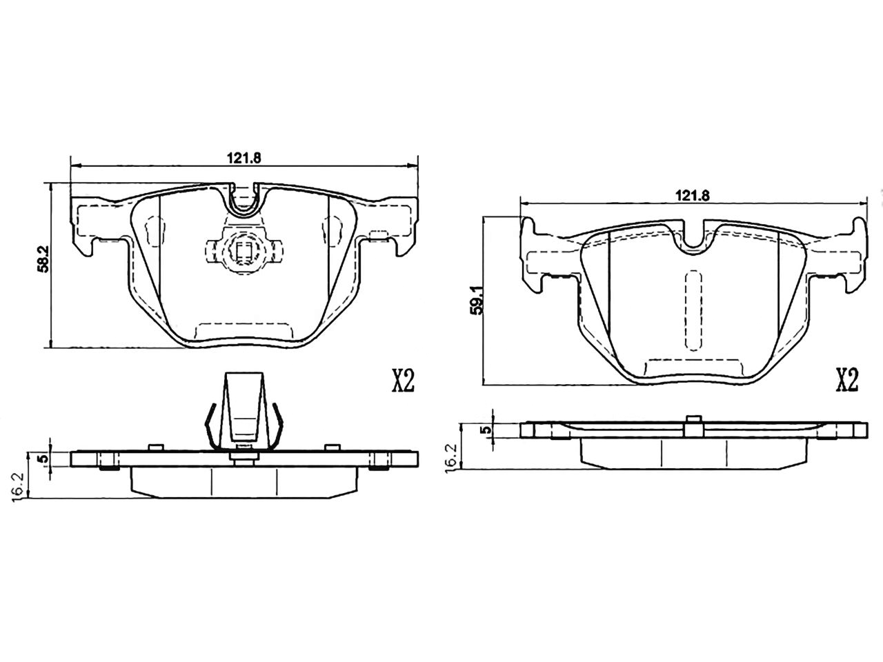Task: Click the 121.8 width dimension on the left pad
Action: [x=244, y=157]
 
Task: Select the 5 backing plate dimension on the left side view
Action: [x=42, y=459]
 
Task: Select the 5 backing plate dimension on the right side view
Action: [x=488, y=430]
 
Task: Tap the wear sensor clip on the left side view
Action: [x=244, y=410]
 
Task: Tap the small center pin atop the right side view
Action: [x=692, y=425]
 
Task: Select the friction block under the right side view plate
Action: [x=693, y=452]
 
